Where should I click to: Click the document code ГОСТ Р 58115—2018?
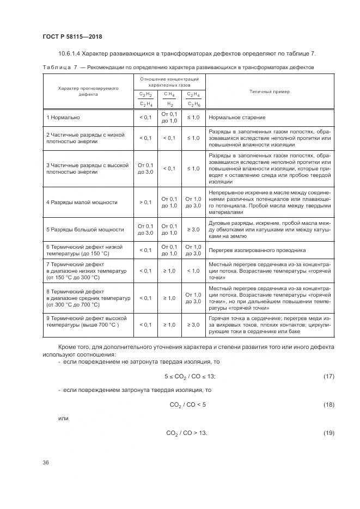coord(72,37)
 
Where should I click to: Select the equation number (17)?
coord(328,377)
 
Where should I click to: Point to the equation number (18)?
coord(328,405)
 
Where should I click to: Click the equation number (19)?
coord(328,433)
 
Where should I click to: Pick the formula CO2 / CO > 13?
coord(187,433)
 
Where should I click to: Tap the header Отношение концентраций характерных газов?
coord(169,82)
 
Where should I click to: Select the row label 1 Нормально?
coord(63,117)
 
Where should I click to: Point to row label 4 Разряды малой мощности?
coord(82,202)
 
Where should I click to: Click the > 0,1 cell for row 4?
coord(145,202)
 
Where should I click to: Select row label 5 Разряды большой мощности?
coord(84,229)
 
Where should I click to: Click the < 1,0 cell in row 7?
coord(193,271)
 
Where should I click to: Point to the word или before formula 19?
coord(63,419)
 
